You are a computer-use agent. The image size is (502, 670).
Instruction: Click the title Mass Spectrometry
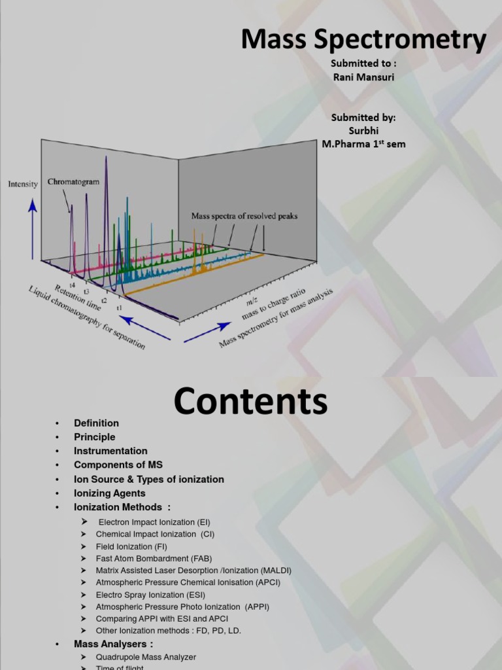tap(363, 40)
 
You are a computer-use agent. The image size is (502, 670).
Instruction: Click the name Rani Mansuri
tap(363, 77)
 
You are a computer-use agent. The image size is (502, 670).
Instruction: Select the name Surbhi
tap(363, 130)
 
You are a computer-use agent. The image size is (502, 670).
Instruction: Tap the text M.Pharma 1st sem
tap(363, 144)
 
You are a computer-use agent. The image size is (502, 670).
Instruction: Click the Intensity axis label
tap(23, 185)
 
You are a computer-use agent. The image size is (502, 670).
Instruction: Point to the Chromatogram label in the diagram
tap(73, 183)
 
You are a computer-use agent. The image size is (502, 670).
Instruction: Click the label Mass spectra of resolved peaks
tap(244, 215)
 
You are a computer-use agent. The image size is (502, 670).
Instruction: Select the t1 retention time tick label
tap(120, 307)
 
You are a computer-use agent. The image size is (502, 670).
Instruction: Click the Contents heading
tap(250, 401)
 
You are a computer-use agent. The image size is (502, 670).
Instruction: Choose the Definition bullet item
tap(96, 423)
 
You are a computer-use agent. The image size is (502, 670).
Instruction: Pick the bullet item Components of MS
tap(118, 465)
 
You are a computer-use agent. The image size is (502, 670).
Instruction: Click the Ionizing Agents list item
tap(110, 493)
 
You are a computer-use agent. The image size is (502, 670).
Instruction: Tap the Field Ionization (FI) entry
tap(131, 546)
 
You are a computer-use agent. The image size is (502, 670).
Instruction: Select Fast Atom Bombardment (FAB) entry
tap(154, 558)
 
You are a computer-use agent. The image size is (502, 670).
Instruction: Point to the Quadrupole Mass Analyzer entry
tap(146, 657)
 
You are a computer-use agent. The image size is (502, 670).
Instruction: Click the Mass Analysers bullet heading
tap(114, 644)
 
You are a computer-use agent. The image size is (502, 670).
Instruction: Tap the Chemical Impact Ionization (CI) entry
tap(155, 534)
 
